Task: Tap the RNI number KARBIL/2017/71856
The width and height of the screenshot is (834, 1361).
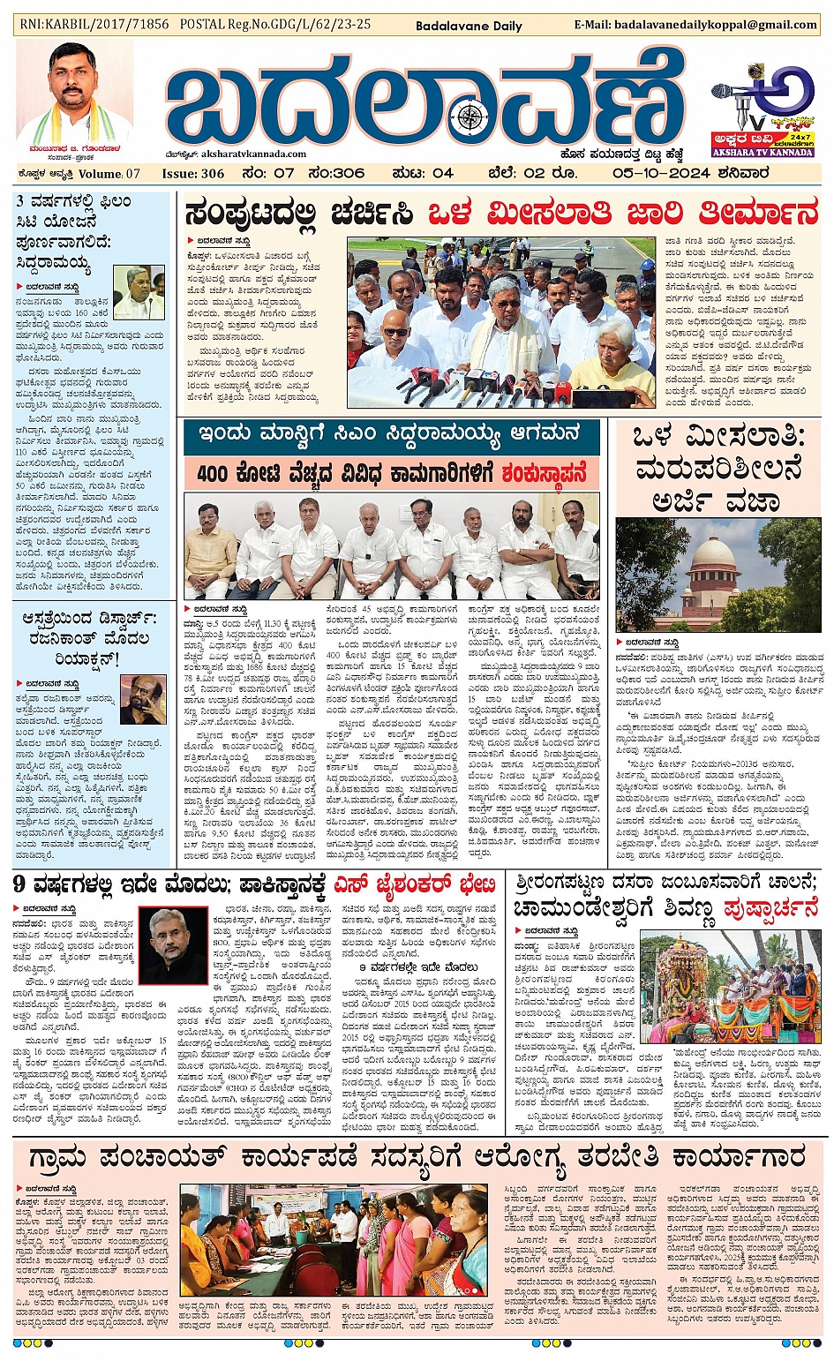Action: click(x=94, y=25)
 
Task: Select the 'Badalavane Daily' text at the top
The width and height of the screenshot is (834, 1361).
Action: click(x=469, y=26)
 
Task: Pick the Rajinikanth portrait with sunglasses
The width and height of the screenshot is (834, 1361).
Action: click(x=142, y=703)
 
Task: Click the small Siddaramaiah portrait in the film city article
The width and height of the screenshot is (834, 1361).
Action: click(x=139, y=292)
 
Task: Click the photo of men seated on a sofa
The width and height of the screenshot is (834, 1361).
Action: click(x=392, y=547)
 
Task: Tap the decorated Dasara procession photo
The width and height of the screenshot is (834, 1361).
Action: click(x=729, y=988)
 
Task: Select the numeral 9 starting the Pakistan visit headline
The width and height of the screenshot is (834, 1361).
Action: click(x=20, y=884)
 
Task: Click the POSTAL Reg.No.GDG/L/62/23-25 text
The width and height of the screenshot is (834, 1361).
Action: click(x=275, y=25)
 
